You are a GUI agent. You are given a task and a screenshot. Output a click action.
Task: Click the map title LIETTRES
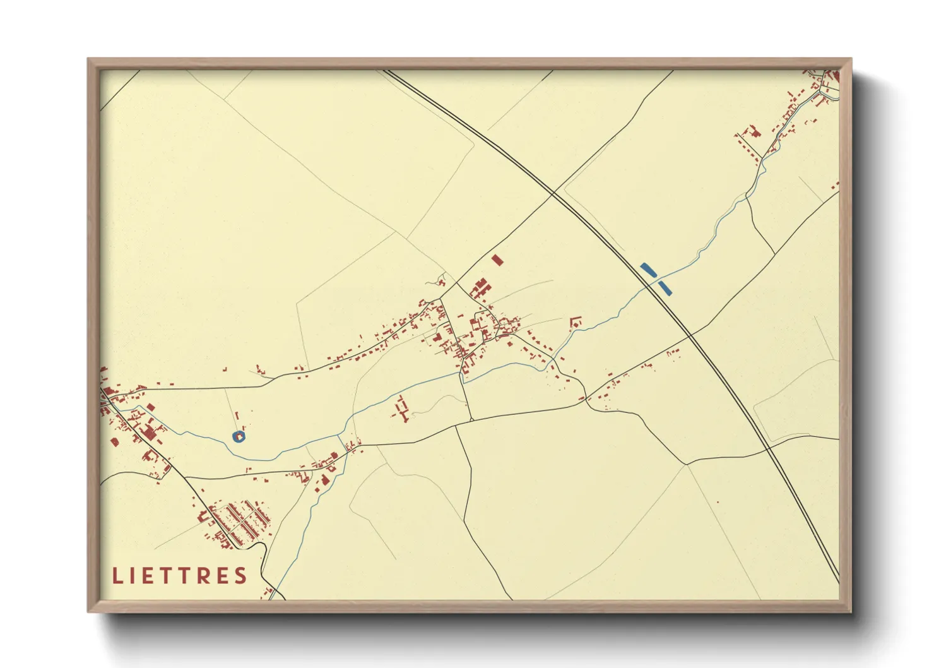pyautogui.click(x=180, y=576)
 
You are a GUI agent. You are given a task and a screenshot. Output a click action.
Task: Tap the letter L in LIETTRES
pyautogui.click(x=117, y=576)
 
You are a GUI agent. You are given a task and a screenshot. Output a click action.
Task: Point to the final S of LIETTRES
pyautogui.click(x=240, y=576)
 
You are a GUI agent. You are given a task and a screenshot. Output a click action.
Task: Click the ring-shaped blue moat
pyautogui.click(x=238, y=436)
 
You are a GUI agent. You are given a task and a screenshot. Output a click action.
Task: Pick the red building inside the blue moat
pyautogui.click(x=239, y=436)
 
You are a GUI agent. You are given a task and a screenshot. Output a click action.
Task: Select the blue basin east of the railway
pyautogui.click(x=665, y=288)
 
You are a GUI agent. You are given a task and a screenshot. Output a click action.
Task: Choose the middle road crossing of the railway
pyautogui.click(x=690, y=333)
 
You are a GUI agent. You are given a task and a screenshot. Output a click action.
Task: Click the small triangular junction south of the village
pyautogui.click(x=471, y=419)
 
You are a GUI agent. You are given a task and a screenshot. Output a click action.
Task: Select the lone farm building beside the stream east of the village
pyautogui.click(x=575, y=322)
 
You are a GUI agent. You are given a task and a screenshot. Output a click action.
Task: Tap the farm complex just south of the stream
pyautogui.click(x=401, y=409)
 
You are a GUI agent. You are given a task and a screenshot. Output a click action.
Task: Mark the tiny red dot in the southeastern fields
pyautogui.click(x=718, y=503)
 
